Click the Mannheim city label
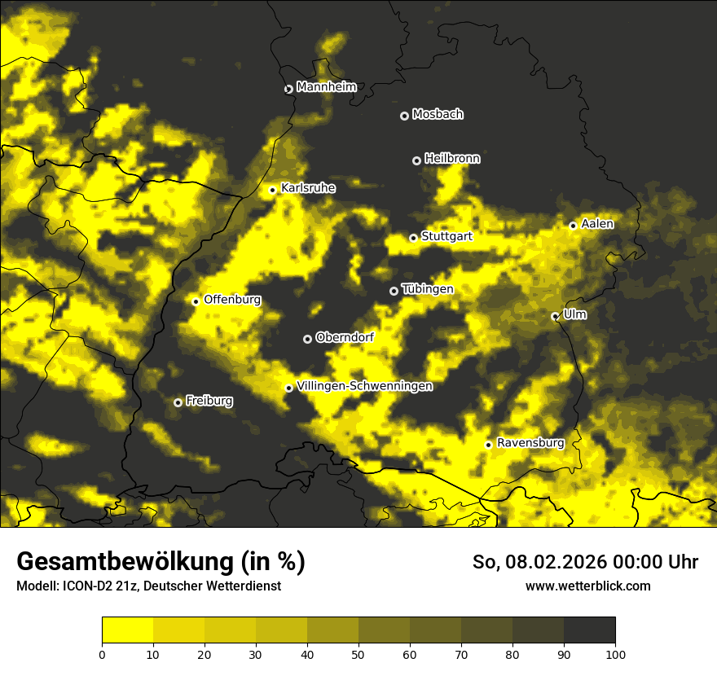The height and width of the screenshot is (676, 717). pyautogui.click(x=326, y=87)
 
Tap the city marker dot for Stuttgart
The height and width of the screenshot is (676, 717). pyautogui.click(x=413, y=238)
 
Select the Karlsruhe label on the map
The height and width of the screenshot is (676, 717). pyautogui.click(x=308, y=188)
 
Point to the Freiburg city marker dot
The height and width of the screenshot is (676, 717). pyautogui.click(x=178, y=402)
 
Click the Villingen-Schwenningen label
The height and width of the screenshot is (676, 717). pyautogui.click(x=364, y=386)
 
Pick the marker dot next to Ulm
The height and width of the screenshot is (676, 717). pyautogui.click(x=555, y=316)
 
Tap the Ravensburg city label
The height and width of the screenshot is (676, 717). pyautogui.click(x=530, y=443)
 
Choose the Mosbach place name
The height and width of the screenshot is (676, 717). pyautogui.click(x=438, y=115)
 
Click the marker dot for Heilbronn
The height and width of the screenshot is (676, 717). pyautogui.click(x=416, y=160)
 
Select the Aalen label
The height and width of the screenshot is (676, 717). pyautogui.click(x=597, y=224)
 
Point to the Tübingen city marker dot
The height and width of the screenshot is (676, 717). pyautogui.click(x=394, y=291)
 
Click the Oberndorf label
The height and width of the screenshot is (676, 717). pyautogui.click(x=345, y=337)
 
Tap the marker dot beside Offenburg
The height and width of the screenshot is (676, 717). pyautogui.click(x=196, y=301)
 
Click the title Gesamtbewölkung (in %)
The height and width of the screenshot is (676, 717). pyautogui.click(x=161, y=562)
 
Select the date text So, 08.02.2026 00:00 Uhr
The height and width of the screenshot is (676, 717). pyautogui.click(x=585, y=562)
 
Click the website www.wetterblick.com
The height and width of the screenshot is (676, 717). pyautogui.click(x=587, y=586)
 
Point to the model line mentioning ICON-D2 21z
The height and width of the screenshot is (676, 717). pyautogui.click(x=148, y=586)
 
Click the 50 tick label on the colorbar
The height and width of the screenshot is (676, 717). pyautogui.click(x=358, y=653)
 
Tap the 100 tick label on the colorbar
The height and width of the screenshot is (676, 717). pyautogui.click(x=614, y=653)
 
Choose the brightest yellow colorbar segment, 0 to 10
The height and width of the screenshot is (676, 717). pyautogui.click(x=128, y=630)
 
